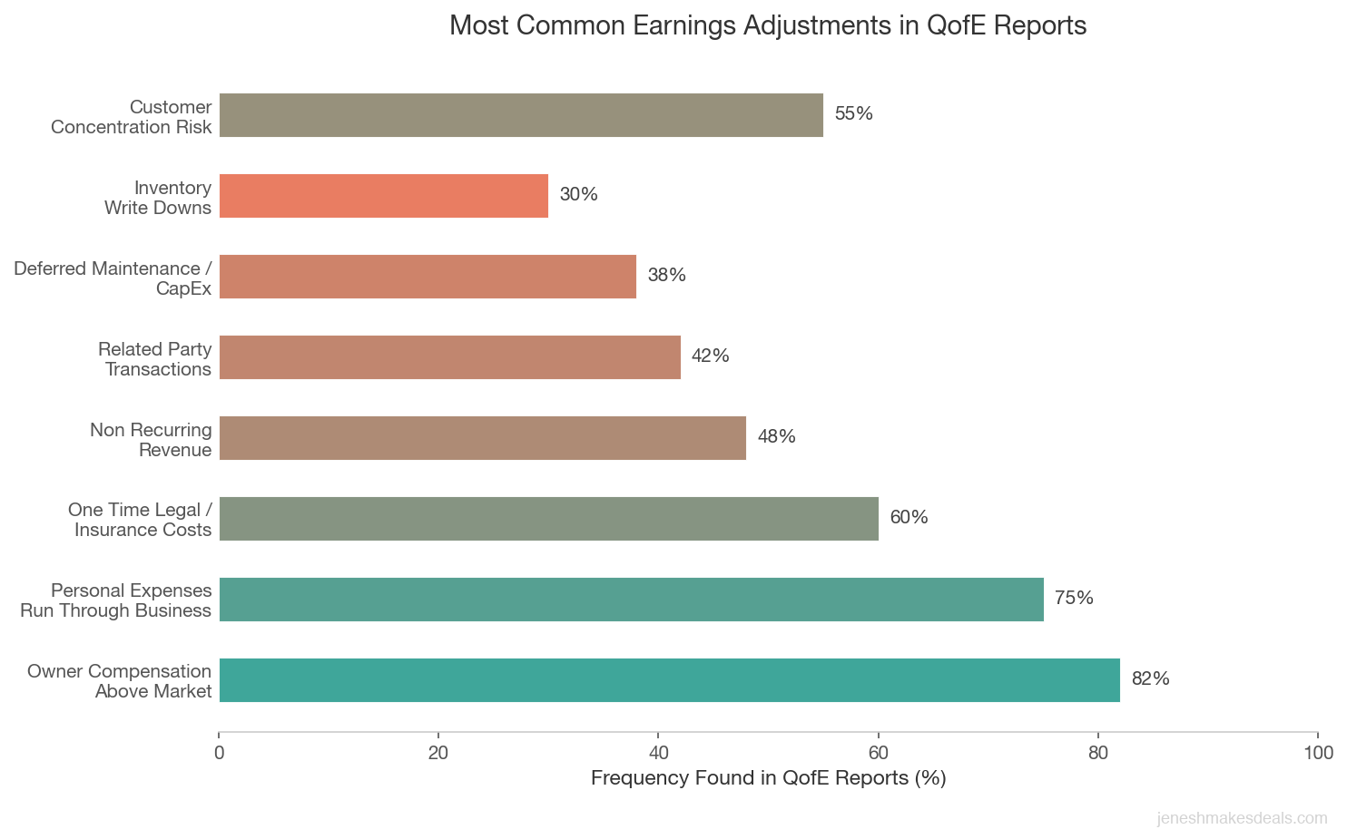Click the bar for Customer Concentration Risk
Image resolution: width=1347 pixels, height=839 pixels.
[521, 115]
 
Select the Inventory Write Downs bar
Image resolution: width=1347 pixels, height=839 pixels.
[384, 196]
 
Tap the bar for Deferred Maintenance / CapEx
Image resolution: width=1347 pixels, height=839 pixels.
[428, 277]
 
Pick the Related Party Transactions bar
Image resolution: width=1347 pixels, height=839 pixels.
[449, 357]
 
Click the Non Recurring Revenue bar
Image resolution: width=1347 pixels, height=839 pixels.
[482, 438]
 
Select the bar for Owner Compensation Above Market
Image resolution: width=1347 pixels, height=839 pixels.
[669, 680]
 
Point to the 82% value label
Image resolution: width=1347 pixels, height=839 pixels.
[1150, 678]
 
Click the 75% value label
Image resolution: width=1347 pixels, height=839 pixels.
[1074, 598]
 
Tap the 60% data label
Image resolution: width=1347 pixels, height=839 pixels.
[909, 517]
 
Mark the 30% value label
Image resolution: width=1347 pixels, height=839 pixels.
[578, 194]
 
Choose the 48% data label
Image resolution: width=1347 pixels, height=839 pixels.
[776, 436]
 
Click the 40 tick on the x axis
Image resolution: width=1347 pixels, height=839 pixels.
[658, 753]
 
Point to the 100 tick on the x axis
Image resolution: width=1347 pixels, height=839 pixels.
[1318, 753]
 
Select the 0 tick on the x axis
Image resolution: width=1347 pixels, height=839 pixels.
[219, 753]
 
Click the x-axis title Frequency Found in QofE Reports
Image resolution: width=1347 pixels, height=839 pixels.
[768, 778]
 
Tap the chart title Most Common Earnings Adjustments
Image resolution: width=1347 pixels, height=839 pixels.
[768, 25]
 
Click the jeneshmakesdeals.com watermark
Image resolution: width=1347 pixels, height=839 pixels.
[1242, 818]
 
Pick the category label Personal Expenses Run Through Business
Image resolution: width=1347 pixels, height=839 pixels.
[116, 600]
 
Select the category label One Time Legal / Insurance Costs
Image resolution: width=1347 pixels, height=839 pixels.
[140, 520]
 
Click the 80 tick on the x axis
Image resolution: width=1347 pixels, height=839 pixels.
[1098, 753]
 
